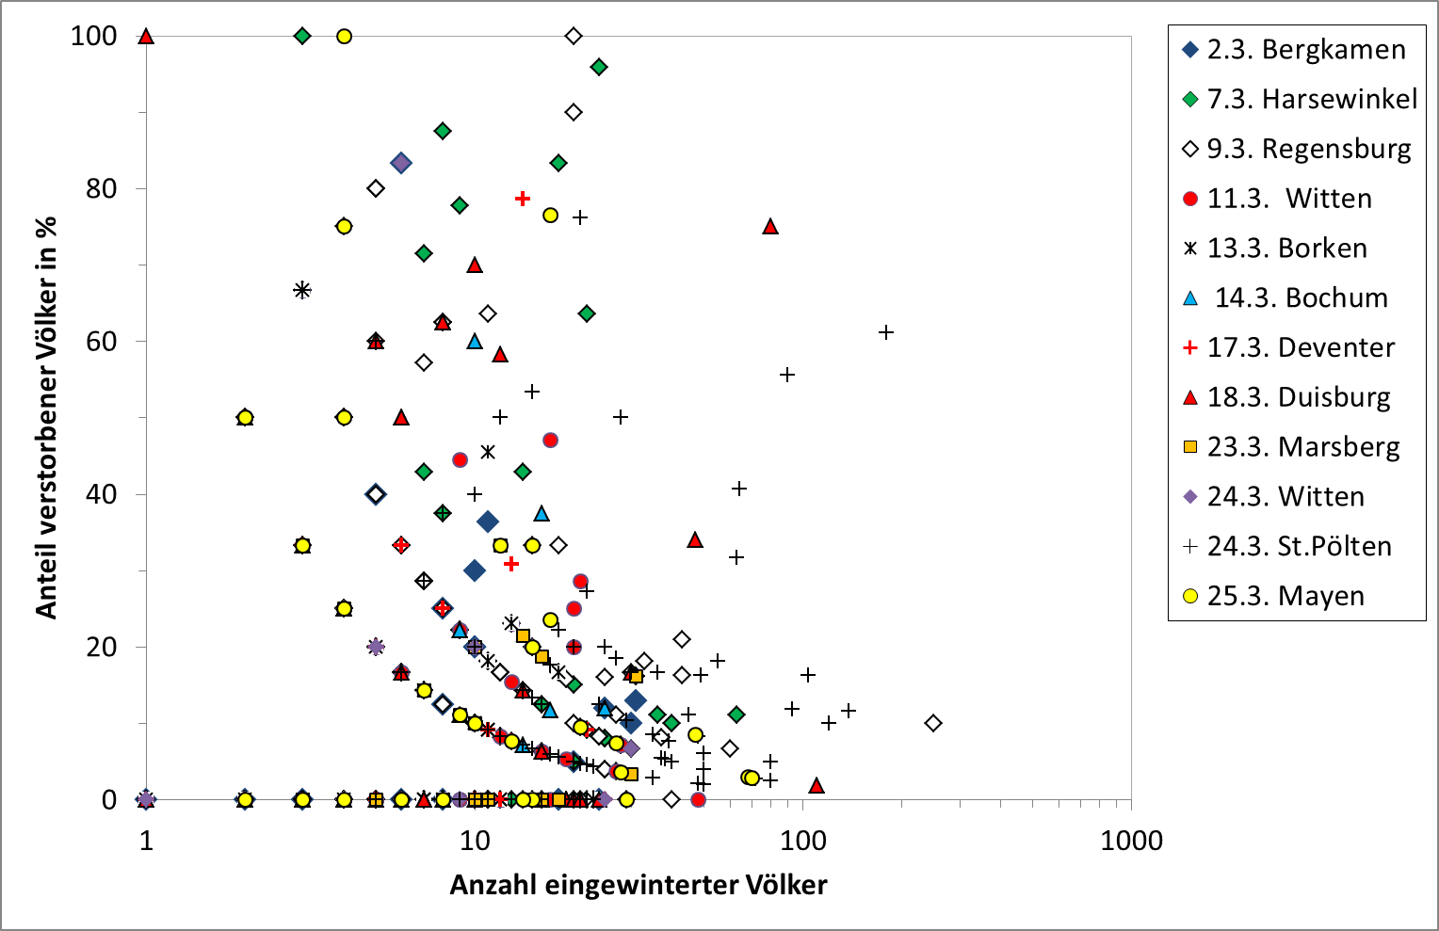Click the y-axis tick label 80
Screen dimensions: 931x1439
[x=102, y=188]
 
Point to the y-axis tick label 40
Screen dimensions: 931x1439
[x=102, y=494]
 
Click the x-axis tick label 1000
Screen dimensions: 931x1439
[x=1131, y=841]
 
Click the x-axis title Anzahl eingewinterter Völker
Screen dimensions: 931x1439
[x=639, y=885]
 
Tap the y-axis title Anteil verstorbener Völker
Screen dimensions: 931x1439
[x=46, y=417]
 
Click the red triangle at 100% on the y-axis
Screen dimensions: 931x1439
[x=146, y=37]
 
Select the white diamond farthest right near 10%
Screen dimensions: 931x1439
[x=933, y=723]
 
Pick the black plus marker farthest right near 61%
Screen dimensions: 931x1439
[x=886, y=332]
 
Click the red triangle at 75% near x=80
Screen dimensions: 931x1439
[x=770, y=227]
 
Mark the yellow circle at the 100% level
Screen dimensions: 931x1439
[x=344, y=37]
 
